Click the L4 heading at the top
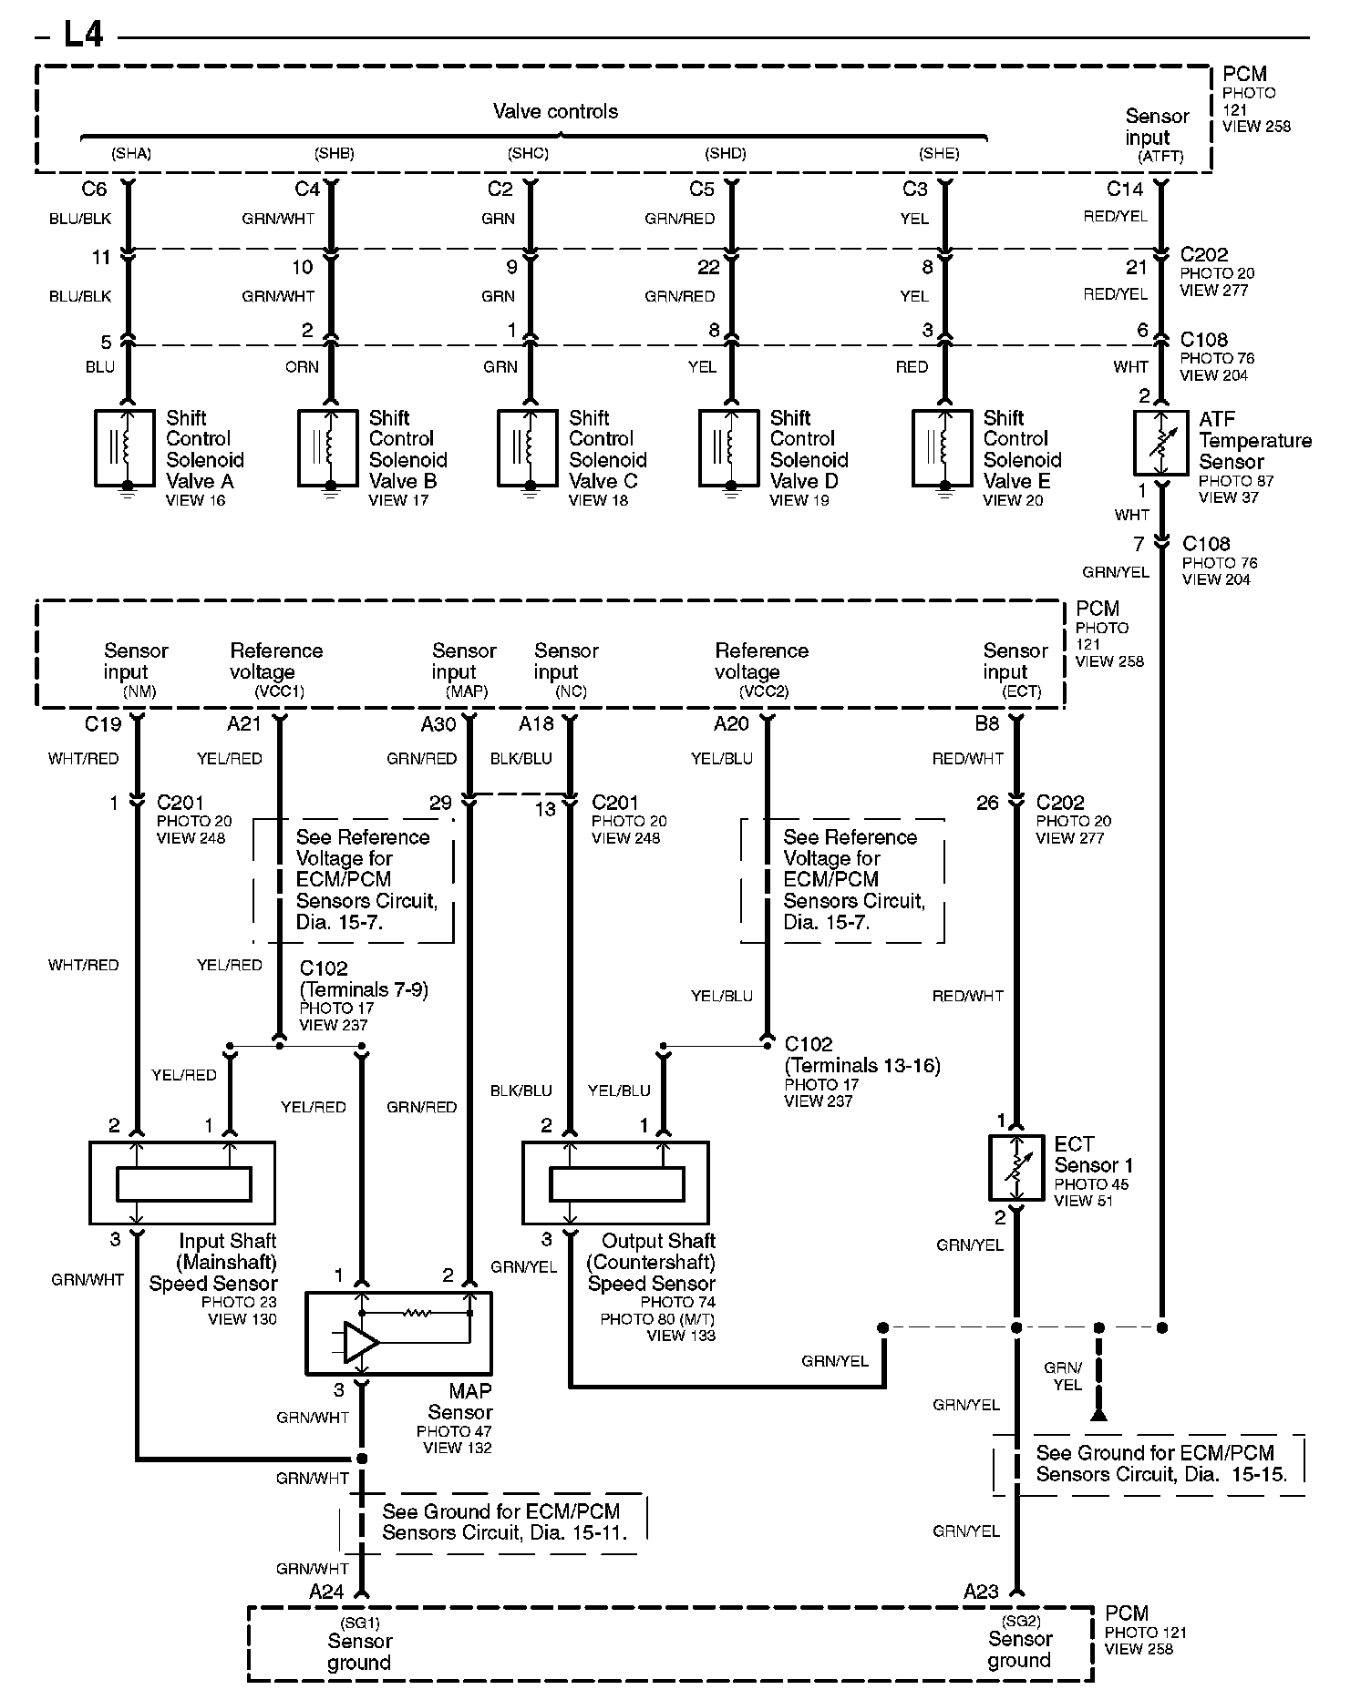pos(82,34)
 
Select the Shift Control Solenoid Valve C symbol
pos(528,447)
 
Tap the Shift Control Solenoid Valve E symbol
pos(943,447)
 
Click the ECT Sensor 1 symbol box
pos(1016,1167)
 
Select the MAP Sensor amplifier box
pos(398,1332)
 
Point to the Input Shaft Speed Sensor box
pos(182,1183)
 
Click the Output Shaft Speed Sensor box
pos(615,1183)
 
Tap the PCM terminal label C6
pos(94,189)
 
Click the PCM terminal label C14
pos(1124,189)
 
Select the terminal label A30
pos(438,723)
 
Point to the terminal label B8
pos(986,723)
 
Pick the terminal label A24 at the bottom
pos(326,1592)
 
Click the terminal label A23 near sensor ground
pos(981,1592)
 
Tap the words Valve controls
pos(555,111)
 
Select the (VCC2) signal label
pos(764,691)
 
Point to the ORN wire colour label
pos(302,366)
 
